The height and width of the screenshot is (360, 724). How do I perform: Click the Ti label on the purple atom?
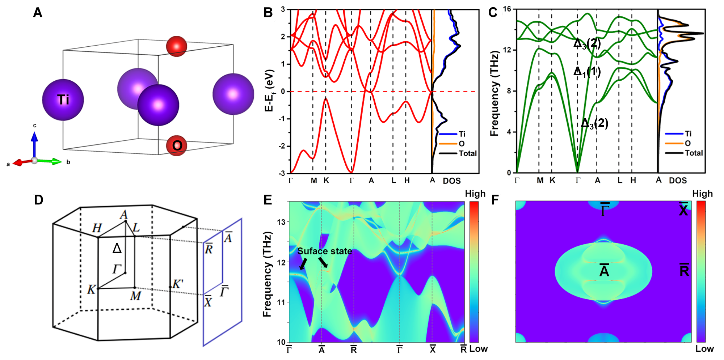tap(63, 99)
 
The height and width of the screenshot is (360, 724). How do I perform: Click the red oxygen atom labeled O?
tap(177, 145)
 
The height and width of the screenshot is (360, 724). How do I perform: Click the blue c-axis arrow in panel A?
tap(34, 143)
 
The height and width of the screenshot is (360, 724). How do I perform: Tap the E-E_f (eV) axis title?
tap(270, 90)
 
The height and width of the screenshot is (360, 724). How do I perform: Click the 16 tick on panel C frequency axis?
tap(507, 9)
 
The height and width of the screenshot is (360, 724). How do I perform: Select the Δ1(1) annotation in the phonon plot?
tap(587, 72)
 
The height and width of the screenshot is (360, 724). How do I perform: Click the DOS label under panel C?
tap(678, 181)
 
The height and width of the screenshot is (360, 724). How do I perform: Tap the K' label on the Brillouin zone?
tap(177, 284)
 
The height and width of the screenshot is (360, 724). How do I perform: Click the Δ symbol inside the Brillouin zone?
tap(117, 248)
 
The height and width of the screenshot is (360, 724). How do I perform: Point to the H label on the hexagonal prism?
tap(97, 228)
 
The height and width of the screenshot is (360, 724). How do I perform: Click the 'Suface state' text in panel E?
tap(325, 251)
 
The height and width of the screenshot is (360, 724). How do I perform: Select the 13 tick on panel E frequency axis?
tap(282, 222)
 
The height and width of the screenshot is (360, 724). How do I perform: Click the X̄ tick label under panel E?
tap(433, 349)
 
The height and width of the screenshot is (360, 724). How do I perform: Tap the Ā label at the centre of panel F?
tap(604, 270)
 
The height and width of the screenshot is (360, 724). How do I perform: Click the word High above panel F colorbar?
tap(702, 194)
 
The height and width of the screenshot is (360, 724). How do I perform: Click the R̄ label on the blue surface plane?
tap(209, 249)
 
